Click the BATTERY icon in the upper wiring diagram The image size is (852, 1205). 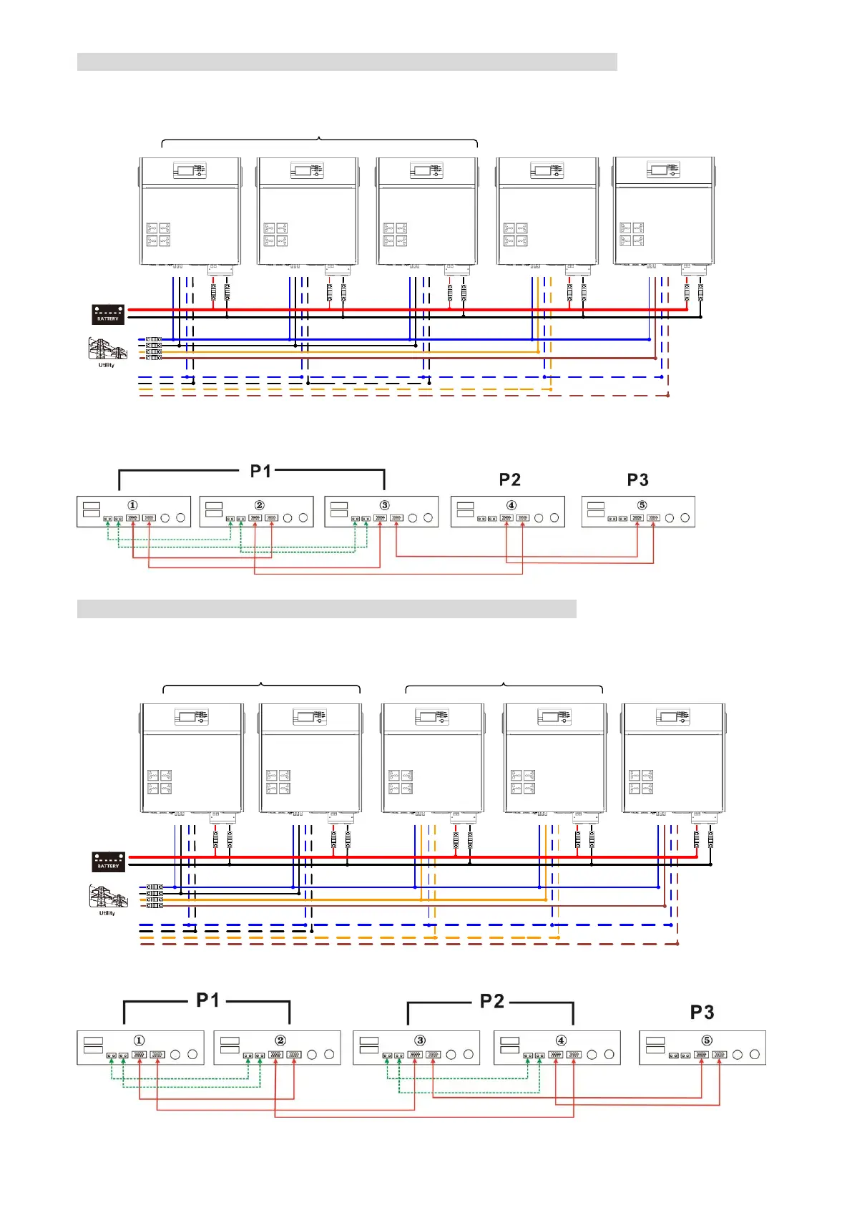pyautogui.click(x=108, y=314)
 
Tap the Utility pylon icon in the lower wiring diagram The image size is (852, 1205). pyautogui.click(x=107, y=897)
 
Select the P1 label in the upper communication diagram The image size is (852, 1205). pyautogui.click(x=260, y=472)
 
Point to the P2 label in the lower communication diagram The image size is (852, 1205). pyautogui.click(x=492, y=1001)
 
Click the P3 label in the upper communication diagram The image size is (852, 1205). pyautogui.click(x=637, y=479)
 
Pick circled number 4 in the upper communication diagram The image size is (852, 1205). pyautogui.click(x=511, y=505)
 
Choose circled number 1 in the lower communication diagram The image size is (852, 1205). pyautogui.click(x=139, y=1040)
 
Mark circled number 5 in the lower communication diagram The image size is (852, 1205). pyautogui.click(x=707, y=1040)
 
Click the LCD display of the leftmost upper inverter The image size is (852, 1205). pyautogui.click(x=185, y=171)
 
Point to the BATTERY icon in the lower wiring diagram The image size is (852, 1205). pyautogui.click(x=109, y=862)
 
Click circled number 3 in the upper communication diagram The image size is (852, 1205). pyautogui.click(x=385, y=505)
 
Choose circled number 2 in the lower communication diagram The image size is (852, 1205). pyautogui.click(x=280, y=1040)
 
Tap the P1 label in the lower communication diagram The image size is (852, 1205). pyautogui.click(x=207, y=1000)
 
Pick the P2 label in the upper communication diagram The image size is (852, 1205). pyautogui.click(x=509, y=479)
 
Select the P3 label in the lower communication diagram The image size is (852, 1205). pyautogui.click(x=702, y=1013)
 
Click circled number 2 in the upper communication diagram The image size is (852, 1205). pyautogui.click(x=260, y=505)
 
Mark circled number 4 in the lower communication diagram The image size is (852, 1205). pyautogui.click(x=561, y=1040)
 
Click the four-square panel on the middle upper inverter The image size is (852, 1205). pyautogui.click(x=395, y=235)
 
